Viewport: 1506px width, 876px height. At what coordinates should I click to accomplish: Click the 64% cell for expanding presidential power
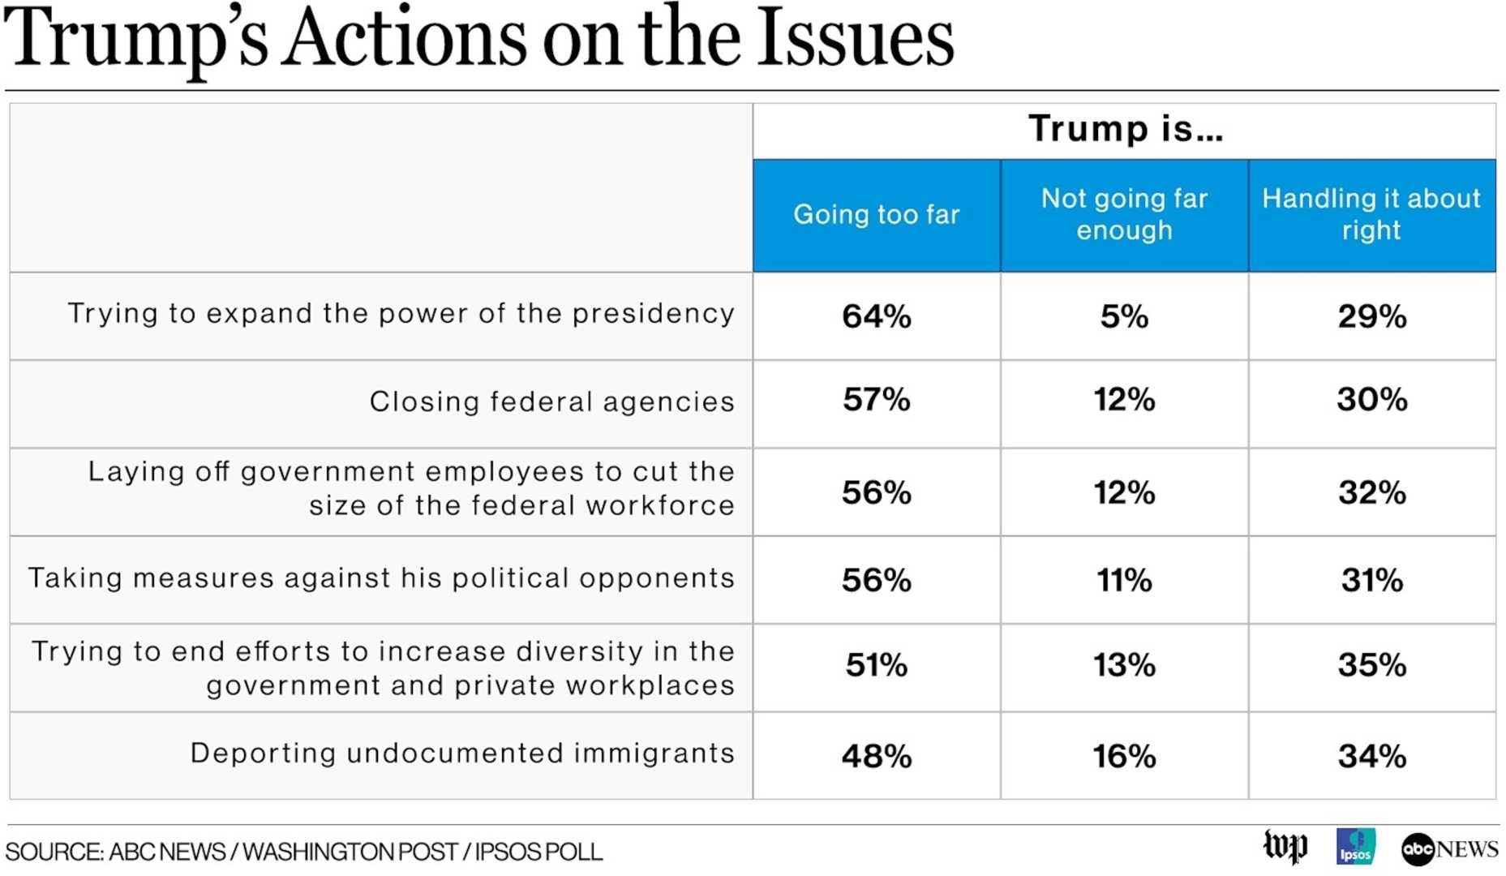[876, 316]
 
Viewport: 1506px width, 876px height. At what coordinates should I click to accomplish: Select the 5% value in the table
[1123, 316]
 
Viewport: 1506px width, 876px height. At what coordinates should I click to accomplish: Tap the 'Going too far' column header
[876, 214]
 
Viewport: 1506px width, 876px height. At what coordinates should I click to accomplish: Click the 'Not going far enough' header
[1123, 214]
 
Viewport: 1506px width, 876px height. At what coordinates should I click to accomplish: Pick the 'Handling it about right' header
[1371, 214]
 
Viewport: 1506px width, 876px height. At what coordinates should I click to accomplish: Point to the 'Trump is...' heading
[1125, 129]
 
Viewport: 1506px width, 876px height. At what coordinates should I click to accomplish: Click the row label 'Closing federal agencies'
[551, 401]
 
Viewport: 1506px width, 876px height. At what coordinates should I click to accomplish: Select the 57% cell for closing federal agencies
[876, 400]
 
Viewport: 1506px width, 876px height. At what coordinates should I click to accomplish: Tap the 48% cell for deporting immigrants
[876, 757]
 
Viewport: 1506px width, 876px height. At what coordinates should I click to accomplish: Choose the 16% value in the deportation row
[1123, 757]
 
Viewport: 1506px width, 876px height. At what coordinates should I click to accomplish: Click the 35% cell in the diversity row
[1371, 666]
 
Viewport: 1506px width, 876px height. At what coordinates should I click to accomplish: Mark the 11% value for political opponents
[1123, 581]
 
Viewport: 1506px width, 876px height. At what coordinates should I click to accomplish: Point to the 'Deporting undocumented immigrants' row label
[462, 754]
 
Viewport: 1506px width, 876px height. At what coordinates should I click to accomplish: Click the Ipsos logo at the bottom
[1355, 847]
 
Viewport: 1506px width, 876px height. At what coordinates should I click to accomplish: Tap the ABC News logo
[1448, 849]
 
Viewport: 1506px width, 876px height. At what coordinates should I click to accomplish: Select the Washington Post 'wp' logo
[1285, 847]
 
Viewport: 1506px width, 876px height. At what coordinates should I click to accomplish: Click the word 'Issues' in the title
[856, 39]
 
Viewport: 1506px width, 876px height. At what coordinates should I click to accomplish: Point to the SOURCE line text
[304, 852]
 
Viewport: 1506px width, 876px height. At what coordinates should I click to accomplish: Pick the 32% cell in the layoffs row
[1371, 493]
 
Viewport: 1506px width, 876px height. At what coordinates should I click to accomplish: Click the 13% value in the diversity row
[1123, 666]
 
